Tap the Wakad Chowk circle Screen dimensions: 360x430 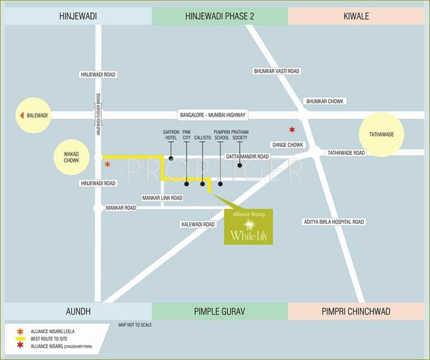click(72, 156)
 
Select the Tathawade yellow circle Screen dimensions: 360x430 click(381, 134)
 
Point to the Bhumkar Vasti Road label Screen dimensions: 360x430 click(277, 71)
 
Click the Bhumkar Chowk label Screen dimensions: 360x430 click(325, 101)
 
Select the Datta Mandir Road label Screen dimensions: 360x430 click(247, 157)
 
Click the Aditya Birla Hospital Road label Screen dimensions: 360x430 click(333, 222)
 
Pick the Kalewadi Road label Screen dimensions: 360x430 click(198, 225)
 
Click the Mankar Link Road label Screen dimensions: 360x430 click(162, 198)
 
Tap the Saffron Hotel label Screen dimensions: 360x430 click(171, 134)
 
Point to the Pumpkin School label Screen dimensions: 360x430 click(221, 134)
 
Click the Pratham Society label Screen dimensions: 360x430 click(240, 134)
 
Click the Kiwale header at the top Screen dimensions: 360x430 click(356, 16)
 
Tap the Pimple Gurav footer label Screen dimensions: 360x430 click(219, 311)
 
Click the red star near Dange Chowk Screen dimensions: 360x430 click(292, 130)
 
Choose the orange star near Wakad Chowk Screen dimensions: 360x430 click(107, 165)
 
